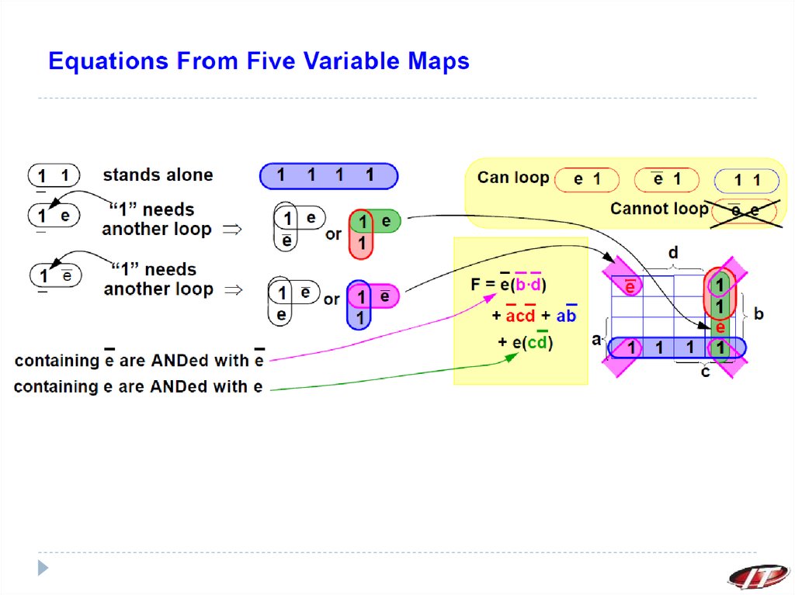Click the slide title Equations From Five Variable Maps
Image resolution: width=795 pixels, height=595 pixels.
point(259,61)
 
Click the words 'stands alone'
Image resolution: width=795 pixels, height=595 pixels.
point(158,175)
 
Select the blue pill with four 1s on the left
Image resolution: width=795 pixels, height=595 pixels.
point(328,176)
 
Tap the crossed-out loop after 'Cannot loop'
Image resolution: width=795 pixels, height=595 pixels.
point(743,209)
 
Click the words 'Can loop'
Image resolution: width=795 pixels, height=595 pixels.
point(512,178)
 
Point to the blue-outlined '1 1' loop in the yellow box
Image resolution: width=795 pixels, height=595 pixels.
point(746,181)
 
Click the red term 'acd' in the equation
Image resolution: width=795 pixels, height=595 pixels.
point(520,317)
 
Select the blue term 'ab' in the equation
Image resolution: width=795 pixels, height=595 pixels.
point(566,317)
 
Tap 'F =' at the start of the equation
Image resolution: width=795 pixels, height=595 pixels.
point(484,285)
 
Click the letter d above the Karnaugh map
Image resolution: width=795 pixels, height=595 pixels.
point(673,253)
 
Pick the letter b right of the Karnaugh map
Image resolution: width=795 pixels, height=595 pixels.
point(759,314)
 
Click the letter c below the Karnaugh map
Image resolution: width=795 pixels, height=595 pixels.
point(705,372)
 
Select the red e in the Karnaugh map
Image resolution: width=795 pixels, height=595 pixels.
point(720,327)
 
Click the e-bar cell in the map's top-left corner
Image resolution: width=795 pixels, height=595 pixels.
point(630,287)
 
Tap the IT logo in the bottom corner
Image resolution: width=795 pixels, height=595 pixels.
point(757,576)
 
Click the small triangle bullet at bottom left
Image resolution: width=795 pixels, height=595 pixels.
point(43,568)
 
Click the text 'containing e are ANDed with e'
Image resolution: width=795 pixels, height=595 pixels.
point(138,386)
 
